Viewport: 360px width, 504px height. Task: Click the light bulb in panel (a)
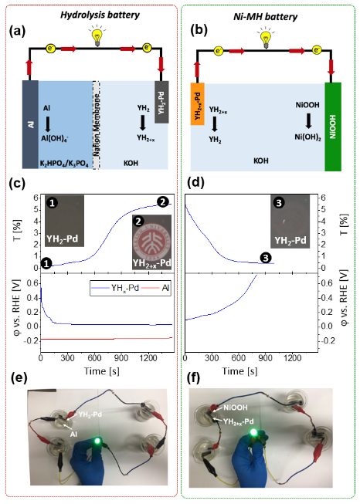(x=97, y=36)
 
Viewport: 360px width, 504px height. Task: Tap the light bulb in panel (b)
(x=266, y=39)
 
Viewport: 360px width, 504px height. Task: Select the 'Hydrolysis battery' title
(x=100, y=15)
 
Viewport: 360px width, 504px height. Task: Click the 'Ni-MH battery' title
(x=266, y=17)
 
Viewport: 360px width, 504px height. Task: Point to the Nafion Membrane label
(x=97, y=125)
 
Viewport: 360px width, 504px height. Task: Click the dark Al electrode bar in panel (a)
(x=30, y=124)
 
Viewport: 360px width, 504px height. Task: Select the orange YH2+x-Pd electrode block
(x=197, y=104)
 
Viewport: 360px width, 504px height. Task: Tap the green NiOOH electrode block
(x=333, y=127)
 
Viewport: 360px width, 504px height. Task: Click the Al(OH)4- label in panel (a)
(x=55, y=138)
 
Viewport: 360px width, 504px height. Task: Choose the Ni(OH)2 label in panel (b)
(x=308, y=137)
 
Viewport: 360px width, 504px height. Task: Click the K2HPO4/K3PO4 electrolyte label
(x=64, y=164)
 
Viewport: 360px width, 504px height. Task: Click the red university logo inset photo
(x=152, y=242)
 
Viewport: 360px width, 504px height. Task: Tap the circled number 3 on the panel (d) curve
(x=266, y=258)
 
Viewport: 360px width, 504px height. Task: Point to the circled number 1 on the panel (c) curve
(x=46, y=263)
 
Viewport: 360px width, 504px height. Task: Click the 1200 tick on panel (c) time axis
(x=148, y=358)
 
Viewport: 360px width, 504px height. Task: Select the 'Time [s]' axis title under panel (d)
(x=239, y=371)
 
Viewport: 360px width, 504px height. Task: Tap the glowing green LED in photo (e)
(x=97, y=440)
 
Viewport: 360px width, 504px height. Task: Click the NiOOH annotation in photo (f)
(x=236, y=408)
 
